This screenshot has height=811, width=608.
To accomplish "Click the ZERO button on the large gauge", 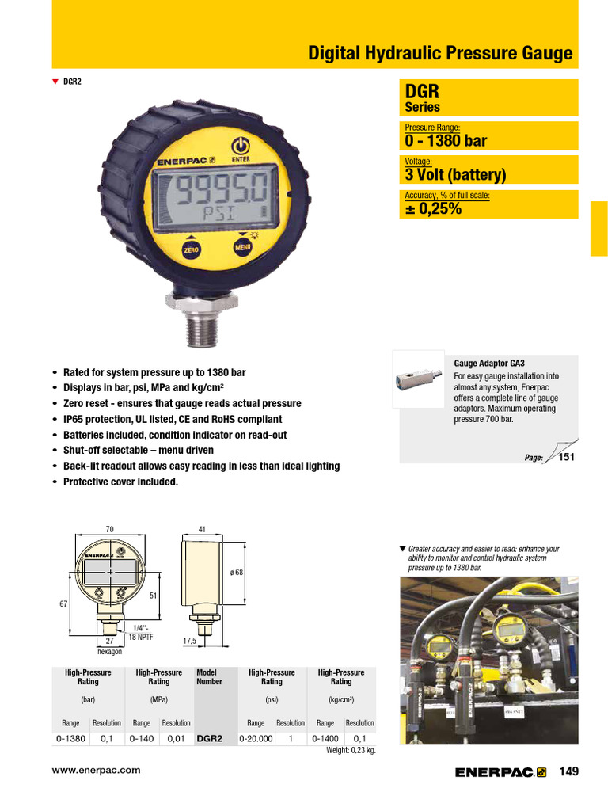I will point(191,250).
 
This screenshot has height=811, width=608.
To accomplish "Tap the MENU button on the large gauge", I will point(242,249).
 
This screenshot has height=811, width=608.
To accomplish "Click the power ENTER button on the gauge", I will point(241,147).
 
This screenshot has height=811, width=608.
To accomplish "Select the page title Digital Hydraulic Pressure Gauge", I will point(439,54).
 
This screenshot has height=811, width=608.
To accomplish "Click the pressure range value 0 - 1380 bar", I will point(446,141).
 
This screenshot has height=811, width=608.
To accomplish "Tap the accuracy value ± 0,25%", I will point(433,209).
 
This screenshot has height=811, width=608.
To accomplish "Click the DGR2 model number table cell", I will point(210,738).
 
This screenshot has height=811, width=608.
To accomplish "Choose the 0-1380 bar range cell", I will point(71,738).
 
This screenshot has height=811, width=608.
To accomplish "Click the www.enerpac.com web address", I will point(96,770).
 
